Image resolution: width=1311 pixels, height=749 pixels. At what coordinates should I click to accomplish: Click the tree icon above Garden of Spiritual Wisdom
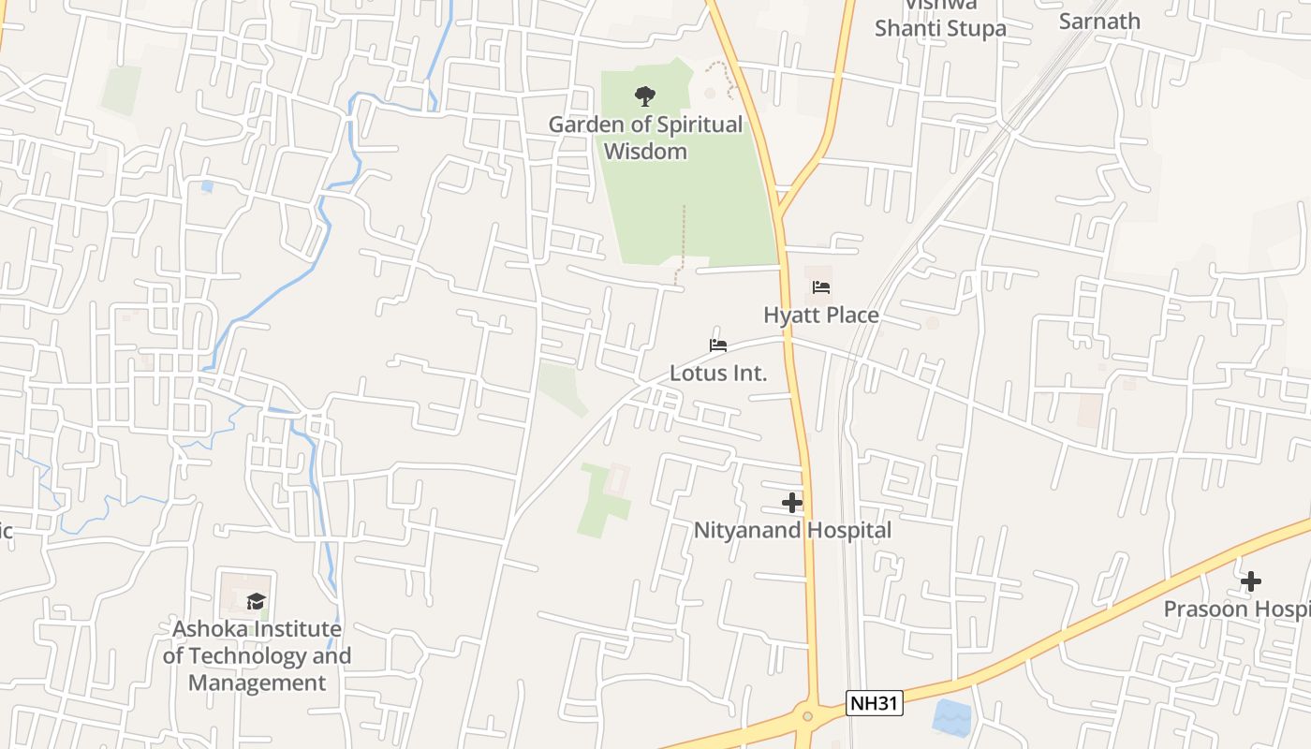(644, 95)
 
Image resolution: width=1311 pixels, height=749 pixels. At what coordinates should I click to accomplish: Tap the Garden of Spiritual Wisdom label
(645, 138)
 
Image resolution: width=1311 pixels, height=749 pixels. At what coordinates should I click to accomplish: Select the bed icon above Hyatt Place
(821, 287)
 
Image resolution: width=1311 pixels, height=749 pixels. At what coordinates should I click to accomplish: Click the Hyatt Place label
(821, 315)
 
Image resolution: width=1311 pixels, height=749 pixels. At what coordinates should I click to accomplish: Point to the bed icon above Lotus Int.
(718, 345)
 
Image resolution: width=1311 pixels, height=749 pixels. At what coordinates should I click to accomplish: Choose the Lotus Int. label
(718, 373)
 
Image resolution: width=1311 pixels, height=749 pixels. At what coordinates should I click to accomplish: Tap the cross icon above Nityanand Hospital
(792, 503)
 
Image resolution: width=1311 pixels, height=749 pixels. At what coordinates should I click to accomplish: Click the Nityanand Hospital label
(792, 530)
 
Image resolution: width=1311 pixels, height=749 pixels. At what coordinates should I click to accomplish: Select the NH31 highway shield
(875, 703)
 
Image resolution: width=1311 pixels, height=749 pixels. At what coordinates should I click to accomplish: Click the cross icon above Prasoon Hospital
(1250, 581)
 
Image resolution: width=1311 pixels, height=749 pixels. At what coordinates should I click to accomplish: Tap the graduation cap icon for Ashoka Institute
(256, 601)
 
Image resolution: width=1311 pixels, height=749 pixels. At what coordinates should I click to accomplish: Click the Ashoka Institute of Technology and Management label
(257, 655)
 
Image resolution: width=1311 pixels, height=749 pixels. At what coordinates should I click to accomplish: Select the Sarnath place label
(1099, 21)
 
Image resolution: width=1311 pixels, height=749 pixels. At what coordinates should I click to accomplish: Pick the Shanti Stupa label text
(940, 28)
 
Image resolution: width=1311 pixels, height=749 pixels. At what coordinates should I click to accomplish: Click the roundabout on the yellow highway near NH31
(807, 717)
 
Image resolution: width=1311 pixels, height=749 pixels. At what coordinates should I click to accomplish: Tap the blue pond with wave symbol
(952, 717)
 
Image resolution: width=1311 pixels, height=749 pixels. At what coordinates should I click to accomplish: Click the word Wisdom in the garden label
(645, 151)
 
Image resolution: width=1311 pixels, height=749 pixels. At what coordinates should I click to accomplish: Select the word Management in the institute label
(257, 683)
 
